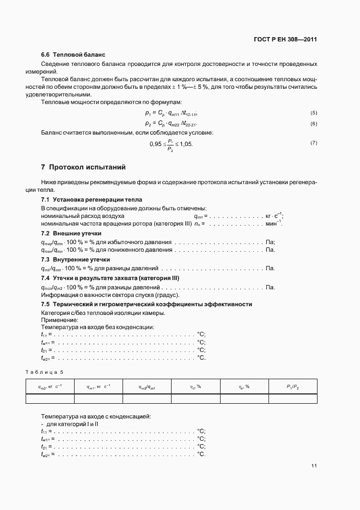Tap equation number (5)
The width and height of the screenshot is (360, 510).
[x=313, y=113]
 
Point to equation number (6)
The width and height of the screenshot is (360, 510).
[x=313, y=124]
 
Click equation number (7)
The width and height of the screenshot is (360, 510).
[x=313, y=143]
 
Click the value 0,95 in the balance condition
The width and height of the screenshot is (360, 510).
[x=156, y=144]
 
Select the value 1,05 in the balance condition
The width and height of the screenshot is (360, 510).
[x=185, y=144]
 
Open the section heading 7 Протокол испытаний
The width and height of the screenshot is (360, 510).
[x=84, y=166]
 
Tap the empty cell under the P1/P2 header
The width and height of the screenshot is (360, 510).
[x=293, y=398]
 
